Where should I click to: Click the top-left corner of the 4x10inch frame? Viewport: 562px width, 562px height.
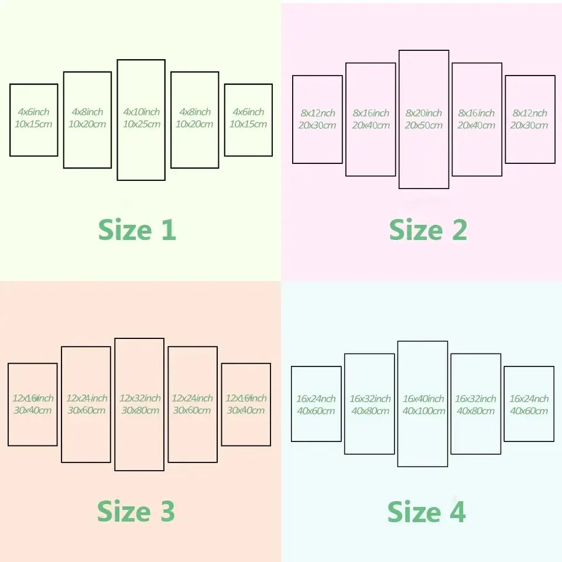[x=118, y=60]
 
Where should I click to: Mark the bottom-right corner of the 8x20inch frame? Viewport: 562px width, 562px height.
[x=448, y=188]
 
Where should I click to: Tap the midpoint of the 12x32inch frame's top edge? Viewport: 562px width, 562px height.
[x=139, y=339]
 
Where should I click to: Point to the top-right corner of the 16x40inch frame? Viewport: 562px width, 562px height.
[x=447, y=341]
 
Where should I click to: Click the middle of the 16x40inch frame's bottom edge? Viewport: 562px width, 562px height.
[x=423, y=467]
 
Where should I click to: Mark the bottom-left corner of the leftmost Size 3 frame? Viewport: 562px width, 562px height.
[x=9, y=445]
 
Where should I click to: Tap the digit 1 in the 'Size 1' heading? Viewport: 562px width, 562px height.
[x=169, y=229]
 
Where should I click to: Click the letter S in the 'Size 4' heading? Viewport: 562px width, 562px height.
[x=396, y=512]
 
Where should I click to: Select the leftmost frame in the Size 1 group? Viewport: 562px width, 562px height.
[x=34, y=120]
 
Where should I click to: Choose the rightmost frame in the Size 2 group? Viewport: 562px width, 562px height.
[x=530, y=119]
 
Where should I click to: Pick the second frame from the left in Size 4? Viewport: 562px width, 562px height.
[x=369, y=404]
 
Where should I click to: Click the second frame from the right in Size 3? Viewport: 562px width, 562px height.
[x=193, y=405]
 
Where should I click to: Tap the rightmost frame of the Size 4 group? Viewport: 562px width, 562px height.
[x=529, y=404]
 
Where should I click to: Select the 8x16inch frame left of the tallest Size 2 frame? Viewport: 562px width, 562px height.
[x=371, y=119]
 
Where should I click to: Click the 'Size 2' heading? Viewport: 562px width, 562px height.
[x=428, y=229]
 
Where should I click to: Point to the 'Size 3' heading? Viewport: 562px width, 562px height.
[x=136, y=511]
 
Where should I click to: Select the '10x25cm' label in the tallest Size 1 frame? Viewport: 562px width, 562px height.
[x=142, y=124]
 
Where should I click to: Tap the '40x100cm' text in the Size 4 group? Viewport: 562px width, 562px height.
[x=424, y=411]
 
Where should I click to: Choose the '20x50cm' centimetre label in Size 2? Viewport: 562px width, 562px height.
[x=424, y=125]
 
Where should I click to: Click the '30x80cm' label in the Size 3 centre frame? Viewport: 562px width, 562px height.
[x=140, y=410]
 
